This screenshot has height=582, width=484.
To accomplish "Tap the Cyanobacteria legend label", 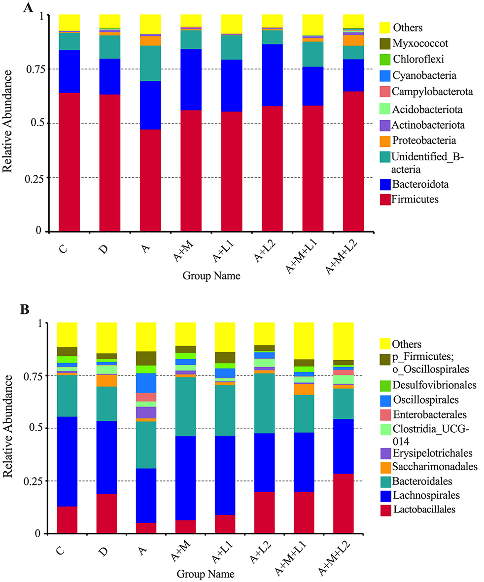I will (x=424, y=75).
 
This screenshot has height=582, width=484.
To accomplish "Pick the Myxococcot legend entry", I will (x=418, y=43).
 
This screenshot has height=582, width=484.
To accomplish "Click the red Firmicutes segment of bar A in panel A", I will (x=150, y=180).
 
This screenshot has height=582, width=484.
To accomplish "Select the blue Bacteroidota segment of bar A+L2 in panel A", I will (x=272, y=75).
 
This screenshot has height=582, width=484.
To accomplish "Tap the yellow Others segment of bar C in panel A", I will (x=69, y=22).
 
